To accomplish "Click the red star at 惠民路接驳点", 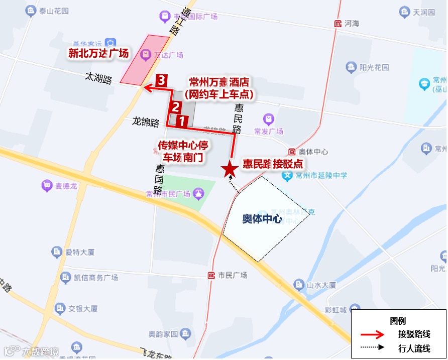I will coord(230,170).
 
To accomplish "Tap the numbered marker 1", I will coord(182,121).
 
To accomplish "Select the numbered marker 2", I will coord(175,106).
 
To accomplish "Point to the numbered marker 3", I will coord(161,80).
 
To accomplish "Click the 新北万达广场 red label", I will coord(98,53).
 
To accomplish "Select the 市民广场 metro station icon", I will coord(211,275).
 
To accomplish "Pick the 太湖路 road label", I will coord(98,77).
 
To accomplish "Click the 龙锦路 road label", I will coord(146,122).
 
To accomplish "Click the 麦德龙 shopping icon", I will coord(47,185).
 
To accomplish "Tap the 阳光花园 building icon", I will coord(351,67).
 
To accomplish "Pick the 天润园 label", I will coord(423,12).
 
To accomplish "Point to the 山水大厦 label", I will coord(321,285).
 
